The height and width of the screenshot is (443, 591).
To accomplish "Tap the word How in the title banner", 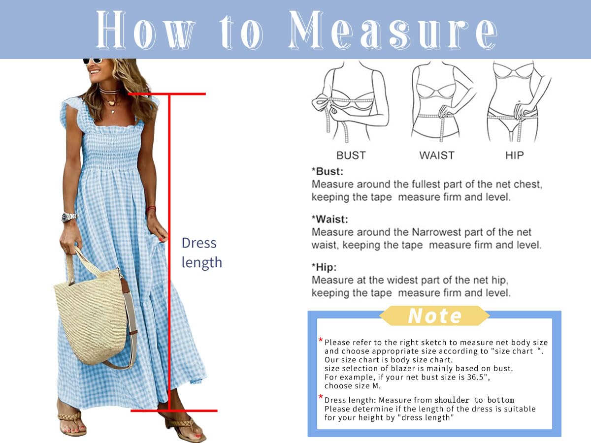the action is pyautogui.click(x=146, y=30).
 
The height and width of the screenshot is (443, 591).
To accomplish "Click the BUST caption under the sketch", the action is pyautogui.click(x=351, y=155).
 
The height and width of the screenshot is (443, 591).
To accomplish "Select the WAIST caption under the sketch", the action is pyautogui.click(x=437, y=155).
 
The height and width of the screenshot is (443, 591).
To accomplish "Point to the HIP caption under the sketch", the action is pyautogui.click(x=515, y=155).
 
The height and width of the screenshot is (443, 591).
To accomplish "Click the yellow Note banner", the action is pyautogui.click(x=434, y=316).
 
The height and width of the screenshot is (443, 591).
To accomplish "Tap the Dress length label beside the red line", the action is pyautogui.click(x=201, y=253).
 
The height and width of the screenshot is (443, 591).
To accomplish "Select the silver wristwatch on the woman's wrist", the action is pyautogui.click(x=68, y=217).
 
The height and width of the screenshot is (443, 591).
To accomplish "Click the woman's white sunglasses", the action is pyautogui.click(x=93, y=61).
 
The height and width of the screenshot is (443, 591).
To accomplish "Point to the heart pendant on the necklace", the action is pyautogui.click(x=111, y=102).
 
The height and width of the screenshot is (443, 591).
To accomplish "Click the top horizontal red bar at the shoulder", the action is pyautogui.click(x=167, y=94).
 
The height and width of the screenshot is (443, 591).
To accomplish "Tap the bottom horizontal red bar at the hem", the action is pyautogui.click(x=174, y=411).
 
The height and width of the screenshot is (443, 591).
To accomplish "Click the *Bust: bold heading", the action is pyautogui.click(x=328, y=171).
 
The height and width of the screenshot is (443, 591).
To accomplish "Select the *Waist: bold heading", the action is pyautogui.click(x=330, y=219).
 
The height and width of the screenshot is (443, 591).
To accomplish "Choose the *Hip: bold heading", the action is pyautogui.click(x=324, y=267).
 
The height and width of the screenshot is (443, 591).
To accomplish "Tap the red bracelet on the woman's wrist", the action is pyautogui.click(x=151, y=208).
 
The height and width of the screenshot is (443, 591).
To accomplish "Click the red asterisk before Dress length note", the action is pyautogui.click(x=321, y=396).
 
